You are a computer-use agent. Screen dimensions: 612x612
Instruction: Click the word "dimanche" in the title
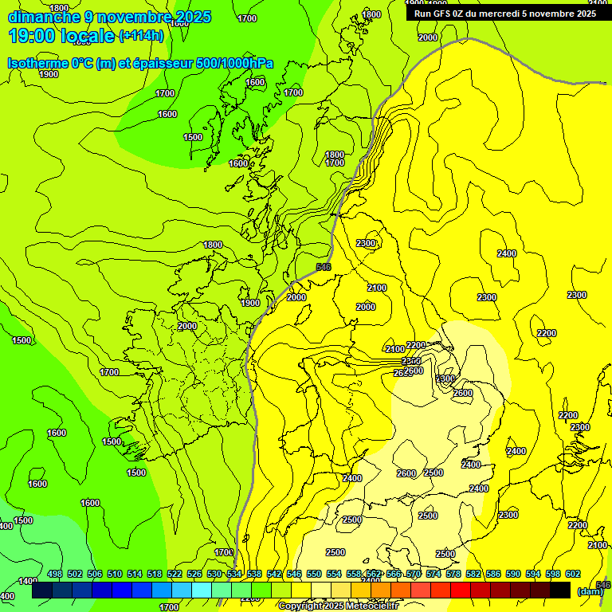pos(43,17)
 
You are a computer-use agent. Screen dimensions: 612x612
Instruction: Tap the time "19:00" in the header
pos(31,36)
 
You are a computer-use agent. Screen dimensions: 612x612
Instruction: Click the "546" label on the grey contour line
pos(323,267)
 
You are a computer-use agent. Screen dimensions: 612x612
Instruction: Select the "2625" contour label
pos(403,373)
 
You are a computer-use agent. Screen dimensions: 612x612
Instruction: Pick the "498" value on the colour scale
pos(55,575)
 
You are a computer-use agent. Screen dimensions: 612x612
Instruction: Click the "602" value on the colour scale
pos(573,575)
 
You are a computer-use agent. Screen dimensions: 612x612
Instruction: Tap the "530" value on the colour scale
pos(214,575)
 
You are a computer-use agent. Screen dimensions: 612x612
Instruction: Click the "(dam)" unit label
pos(589,590)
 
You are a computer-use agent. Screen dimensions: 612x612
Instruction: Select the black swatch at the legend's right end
pos(560,590)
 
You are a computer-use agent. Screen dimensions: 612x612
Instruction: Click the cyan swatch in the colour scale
pos(202,590)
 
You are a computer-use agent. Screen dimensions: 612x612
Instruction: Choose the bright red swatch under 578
pos(461,590)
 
